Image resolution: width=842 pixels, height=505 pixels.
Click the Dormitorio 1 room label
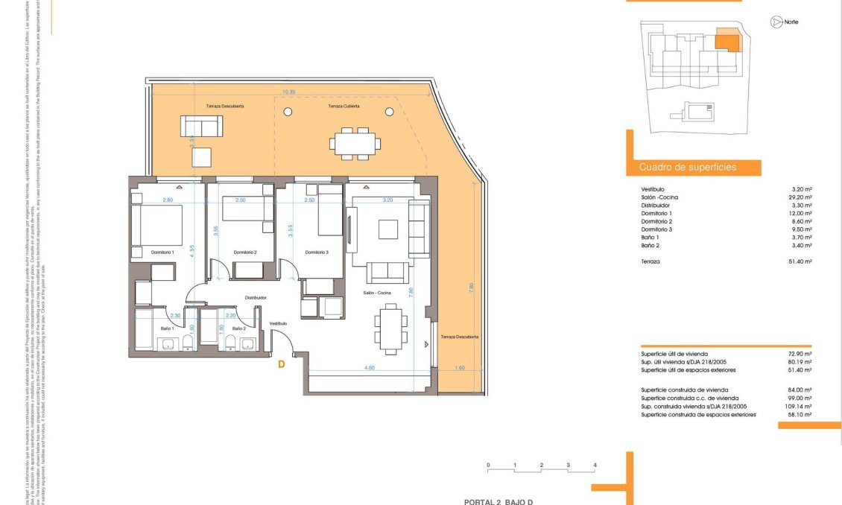(162, 252)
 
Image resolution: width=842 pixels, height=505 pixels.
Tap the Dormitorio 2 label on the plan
(244, 252)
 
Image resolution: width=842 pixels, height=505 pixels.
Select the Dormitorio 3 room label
(317, 252)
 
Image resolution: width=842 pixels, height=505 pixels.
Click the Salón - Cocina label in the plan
(377, 293)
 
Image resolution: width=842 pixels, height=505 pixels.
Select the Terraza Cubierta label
(344, 107)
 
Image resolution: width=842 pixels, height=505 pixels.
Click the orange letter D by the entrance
(281, 364)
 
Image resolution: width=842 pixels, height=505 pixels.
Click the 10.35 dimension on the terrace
(289, 92)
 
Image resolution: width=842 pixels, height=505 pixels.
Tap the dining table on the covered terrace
(355, 142)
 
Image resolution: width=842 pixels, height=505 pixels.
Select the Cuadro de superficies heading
(687, 168)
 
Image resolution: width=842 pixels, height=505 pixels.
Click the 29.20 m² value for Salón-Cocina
(801, 197)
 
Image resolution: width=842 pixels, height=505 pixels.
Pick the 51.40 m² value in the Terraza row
(801, 261)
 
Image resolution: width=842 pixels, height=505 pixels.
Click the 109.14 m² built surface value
(800, 407)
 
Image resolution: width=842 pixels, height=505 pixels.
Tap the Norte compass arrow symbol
(776, 22)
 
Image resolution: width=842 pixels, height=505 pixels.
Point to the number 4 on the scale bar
(595, 465)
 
